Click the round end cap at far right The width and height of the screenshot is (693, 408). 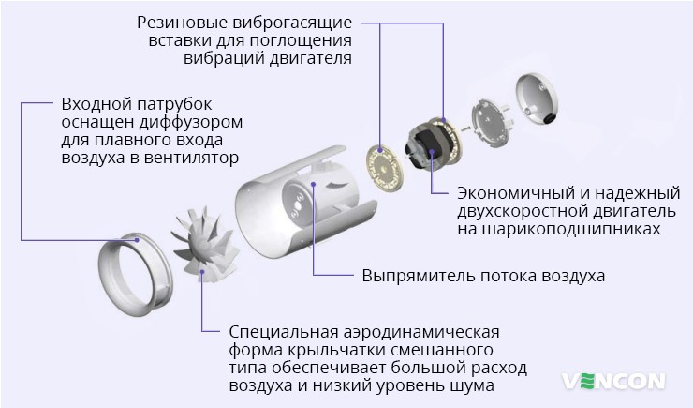pyautogui.click(x=542, y=98)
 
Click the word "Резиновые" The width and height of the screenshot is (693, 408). pyautogui.click(x=178, y=21)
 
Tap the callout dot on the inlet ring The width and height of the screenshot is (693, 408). pyautogui.click(x=138, y=239)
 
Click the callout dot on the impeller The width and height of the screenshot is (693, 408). pyautogui.click(x=203, y=272)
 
